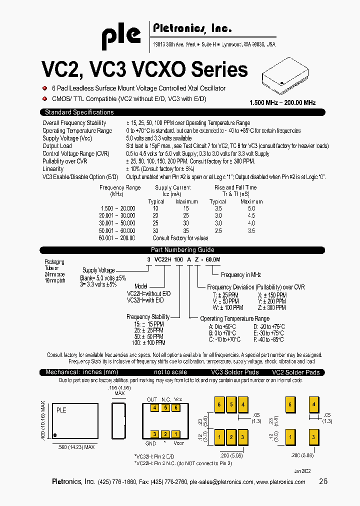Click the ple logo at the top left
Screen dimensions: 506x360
(121, 37)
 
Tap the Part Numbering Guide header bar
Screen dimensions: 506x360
(182, 249)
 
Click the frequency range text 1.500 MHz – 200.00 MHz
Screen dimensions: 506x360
(282, 102)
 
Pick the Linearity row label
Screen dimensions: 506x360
(53, 169)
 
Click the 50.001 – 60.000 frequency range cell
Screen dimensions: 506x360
(117, 231)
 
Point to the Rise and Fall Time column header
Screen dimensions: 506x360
(235, 187)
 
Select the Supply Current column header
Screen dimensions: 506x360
(172, 187)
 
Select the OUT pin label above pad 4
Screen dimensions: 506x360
(152, 399)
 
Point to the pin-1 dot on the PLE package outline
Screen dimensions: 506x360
(55, 434)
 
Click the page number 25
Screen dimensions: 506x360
(323, 481)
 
